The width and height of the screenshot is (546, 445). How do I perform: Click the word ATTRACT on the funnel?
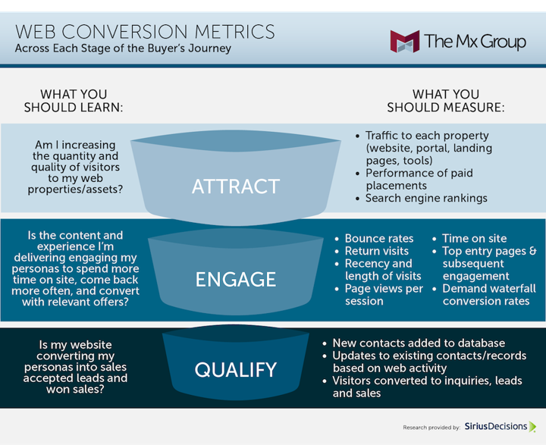coord(236,186)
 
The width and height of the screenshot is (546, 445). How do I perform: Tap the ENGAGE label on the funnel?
coord(236,279)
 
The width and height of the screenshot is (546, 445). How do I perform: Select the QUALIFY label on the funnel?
coord(236,370)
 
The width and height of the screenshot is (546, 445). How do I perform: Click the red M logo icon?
coord(405,42)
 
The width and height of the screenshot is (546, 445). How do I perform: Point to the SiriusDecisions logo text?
coord(496,426)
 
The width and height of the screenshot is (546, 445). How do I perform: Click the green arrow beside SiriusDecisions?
coord(533,427)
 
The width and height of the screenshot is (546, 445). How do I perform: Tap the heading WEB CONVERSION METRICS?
coord(145,32)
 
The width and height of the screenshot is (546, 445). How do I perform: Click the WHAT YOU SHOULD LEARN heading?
coord(74,101)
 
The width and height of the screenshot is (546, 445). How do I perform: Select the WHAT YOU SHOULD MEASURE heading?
coord(446,101)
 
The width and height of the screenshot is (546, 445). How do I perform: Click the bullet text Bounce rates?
coord(379,239)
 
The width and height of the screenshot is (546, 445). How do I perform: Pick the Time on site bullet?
coord(474,239)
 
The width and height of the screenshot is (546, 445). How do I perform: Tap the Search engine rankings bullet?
coord(426,198)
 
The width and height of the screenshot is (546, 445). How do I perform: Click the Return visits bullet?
coord(376,251)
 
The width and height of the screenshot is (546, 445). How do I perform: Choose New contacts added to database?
coord(419,343)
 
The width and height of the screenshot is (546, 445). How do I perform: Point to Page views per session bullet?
coord(384,295)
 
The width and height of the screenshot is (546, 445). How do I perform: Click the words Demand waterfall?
coord(489,289)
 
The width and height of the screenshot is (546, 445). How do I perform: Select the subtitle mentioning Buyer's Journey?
coord(123,49)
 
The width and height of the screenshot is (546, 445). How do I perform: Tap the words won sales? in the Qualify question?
coord(75,389)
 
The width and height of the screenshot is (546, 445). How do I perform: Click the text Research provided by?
coord(431,428)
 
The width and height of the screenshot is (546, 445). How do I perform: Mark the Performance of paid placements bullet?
coord(419,180)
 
